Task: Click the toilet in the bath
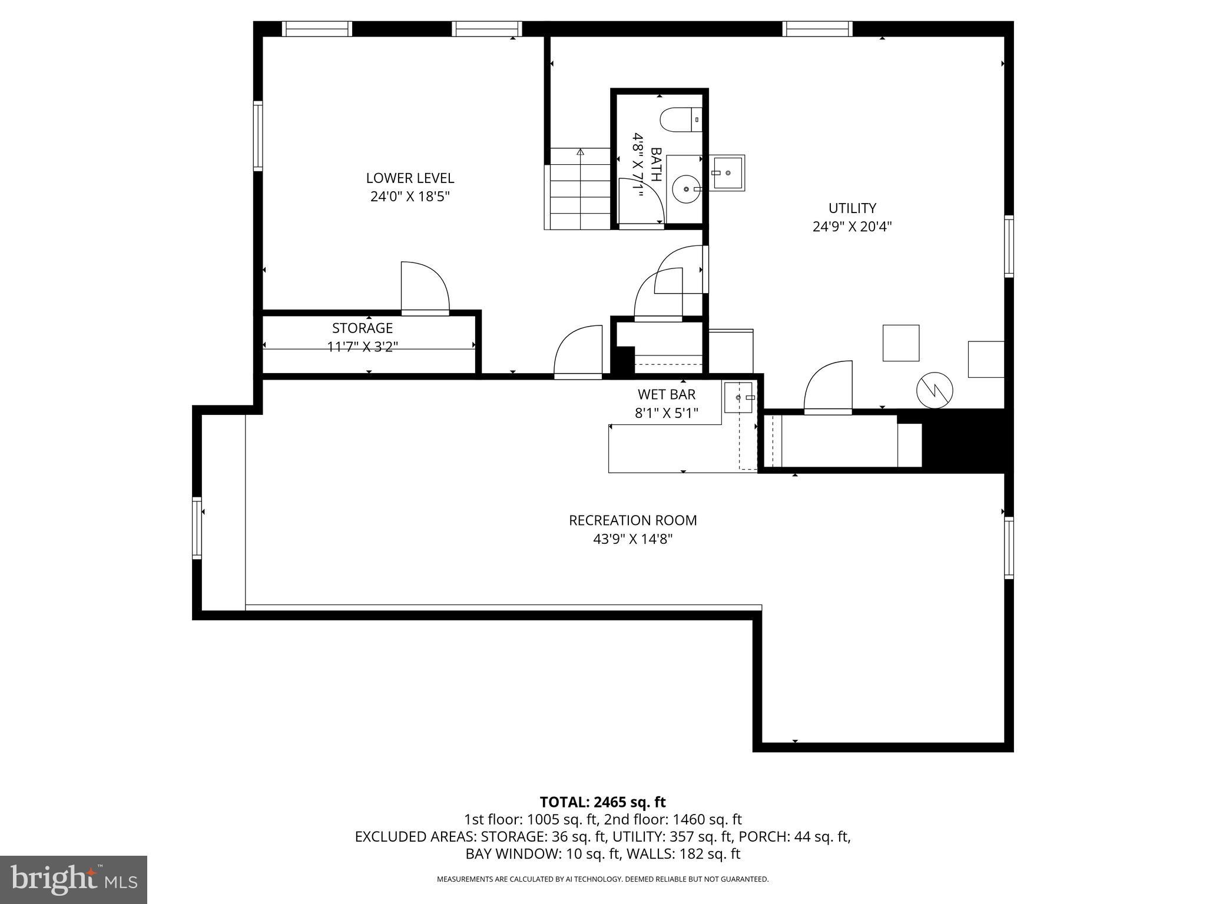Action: coord(680,120)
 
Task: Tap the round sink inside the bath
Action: coord(686,189)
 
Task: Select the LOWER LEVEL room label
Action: coord(410,178)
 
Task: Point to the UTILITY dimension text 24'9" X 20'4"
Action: coord(852,227)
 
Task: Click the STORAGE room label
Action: coord(362,328)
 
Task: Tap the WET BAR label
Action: coord(667,394)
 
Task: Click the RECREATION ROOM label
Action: coord(632,520)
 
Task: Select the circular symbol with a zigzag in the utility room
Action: coord(935,390)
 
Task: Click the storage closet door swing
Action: coord(425,287)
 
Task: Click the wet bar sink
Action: coord(738,397)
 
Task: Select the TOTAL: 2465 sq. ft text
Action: coord(602,802)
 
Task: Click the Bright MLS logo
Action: coord(74,879)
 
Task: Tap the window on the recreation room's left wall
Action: coord(197,528)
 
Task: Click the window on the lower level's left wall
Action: coord(258,136)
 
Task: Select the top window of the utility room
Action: coord(817,28)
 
